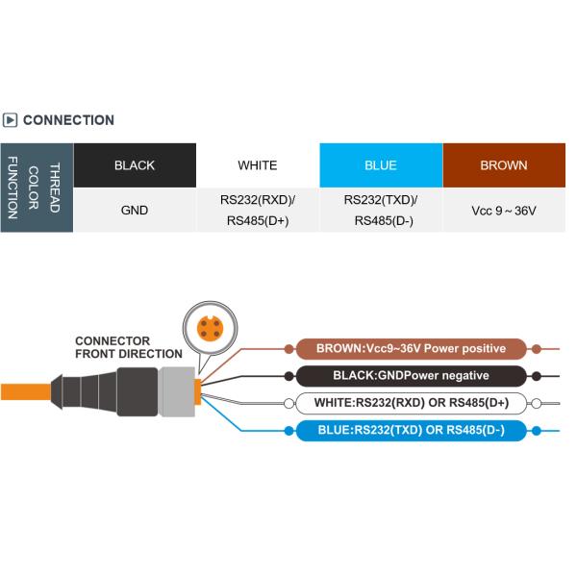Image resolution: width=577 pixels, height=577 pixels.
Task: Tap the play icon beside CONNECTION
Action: click(11, 120)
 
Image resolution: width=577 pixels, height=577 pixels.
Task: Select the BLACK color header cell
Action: click(134, 165)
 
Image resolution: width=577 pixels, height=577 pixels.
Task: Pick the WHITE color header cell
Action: click(258, 165)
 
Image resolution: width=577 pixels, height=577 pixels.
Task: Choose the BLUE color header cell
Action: click(381, 165)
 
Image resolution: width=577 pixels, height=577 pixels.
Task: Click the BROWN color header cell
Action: click(504, 165)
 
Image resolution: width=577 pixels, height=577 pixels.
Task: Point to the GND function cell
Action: click(134, 210)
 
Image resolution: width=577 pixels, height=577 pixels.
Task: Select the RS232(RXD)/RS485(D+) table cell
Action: click(258, 210)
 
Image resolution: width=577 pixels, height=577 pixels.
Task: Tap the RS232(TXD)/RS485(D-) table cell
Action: click(381, 210)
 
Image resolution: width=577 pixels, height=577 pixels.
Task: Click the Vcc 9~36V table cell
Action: click(504, 210)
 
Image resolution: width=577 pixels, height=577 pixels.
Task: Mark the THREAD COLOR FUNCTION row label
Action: click(36, 188)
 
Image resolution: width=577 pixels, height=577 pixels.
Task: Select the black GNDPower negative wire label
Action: click(411, 375)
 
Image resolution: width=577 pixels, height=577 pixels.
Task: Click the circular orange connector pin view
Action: click(207, 328)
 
